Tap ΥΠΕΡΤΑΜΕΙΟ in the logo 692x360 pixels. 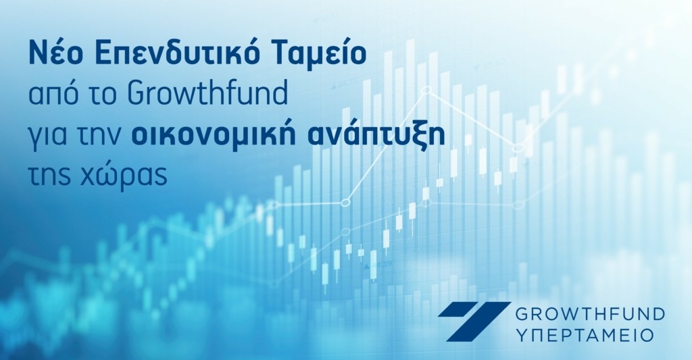[x=585, y=335]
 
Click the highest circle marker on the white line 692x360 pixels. [x=426, y=90]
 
